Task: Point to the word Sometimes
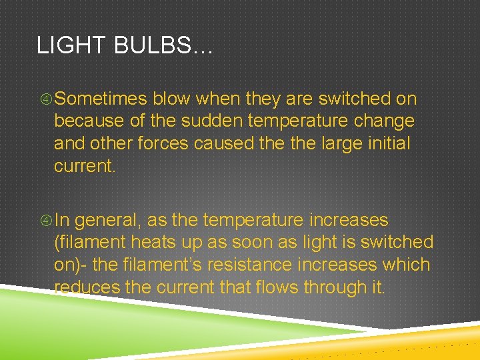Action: click(101, 99)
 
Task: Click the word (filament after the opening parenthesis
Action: click(93, 243)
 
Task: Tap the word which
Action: click(406, 265)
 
